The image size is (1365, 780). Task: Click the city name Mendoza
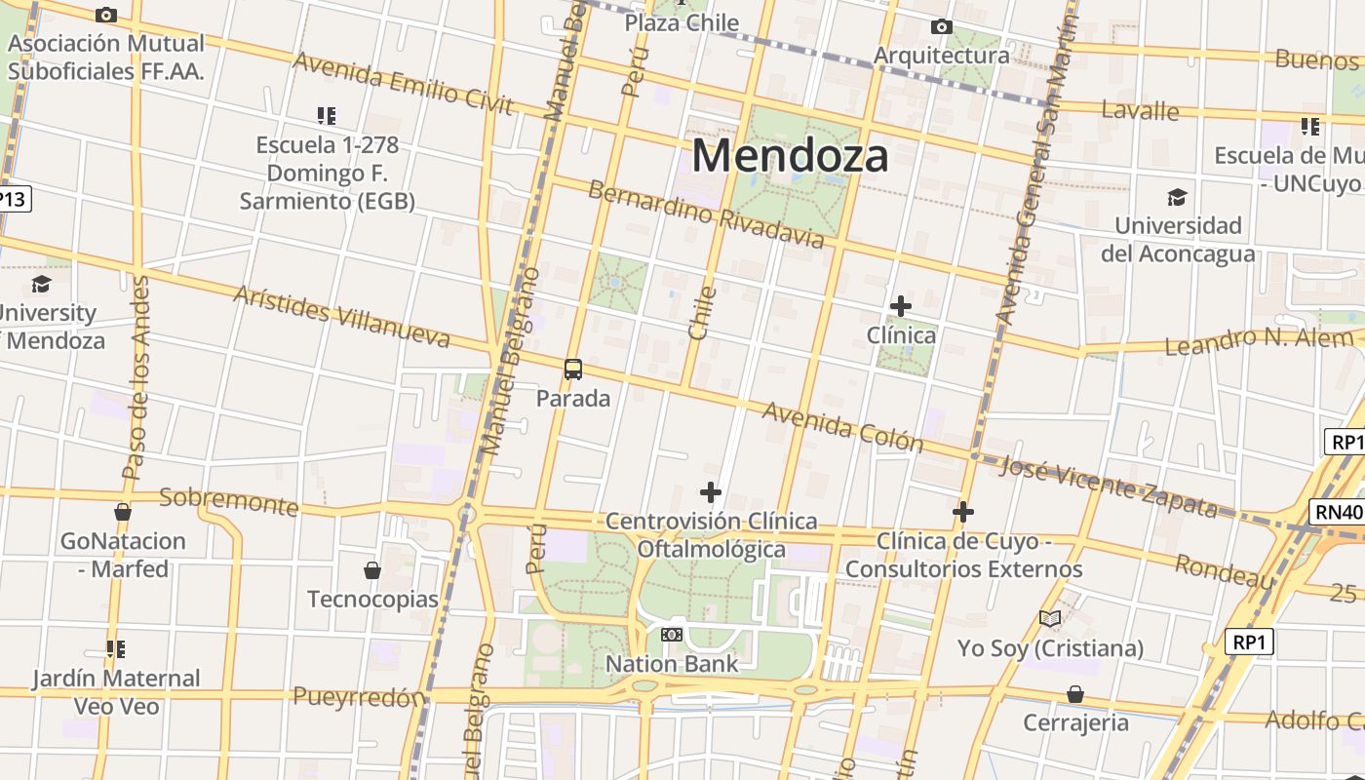tap(790, 156)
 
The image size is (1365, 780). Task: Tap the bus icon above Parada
tap(573, 370)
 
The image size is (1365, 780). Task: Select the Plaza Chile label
tap(682, 22)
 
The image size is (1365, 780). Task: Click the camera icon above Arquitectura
tap(941, 26)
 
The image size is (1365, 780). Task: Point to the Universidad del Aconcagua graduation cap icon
tap(1178, 197)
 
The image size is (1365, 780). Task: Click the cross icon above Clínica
tap(901, 306)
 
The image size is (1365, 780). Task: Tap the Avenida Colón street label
tap(842, 427)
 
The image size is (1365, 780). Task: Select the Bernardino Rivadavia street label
tap(706, 214)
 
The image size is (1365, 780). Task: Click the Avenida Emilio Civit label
tap(403, 83)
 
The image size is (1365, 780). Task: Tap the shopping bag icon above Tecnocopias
tap(371, 569)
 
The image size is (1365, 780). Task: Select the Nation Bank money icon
tap(671, 635)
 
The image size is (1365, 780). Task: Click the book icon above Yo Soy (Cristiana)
tap(1050, 618)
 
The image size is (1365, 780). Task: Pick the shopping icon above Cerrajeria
tap(1074, 694)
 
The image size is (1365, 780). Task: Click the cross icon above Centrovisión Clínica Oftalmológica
tap(711, 491)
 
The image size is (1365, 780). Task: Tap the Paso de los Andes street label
tap(136, 377)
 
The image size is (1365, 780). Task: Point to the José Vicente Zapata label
tap(1109, 486)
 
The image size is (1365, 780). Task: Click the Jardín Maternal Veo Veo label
tap(116, 691)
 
